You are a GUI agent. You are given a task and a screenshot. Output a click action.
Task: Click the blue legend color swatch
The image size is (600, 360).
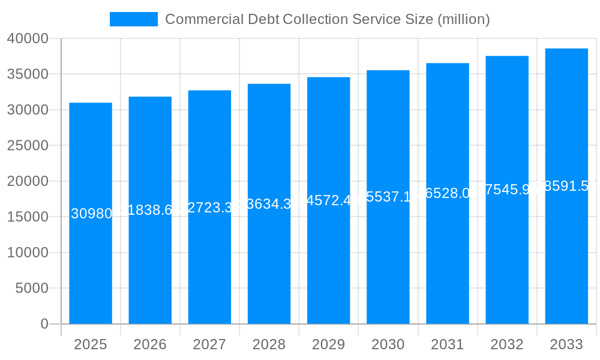pyautogui.click(x=134, y=19)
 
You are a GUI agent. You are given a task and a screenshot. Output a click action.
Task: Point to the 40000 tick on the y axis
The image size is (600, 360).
pyautogui.click(x=28, y=38)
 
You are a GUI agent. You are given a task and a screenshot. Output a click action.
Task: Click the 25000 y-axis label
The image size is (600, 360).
pyautogui.click(x=28, y=146)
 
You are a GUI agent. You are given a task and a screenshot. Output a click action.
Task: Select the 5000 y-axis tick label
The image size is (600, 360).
pyautogui.click(x=32, y=289)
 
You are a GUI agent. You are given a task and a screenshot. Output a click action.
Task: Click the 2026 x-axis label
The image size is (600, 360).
pyautogui.click(x=150, y=344)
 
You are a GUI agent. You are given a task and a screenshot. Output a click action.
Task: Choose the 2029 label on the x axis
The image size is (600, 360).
pyautogui.click(x=328, y=344)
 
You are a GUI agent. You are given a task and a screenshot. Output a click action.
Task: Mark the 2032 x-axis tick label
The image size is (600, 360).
pyautogui.click(x=507, y=344)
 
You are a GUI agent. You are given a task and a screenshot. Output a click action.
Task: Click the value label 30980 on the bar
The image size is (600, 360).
pyautogui.click(x=91, y=214)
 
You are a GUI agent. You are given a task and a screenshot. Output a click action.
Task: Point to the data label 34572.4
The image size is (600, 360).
pyautogui.click(x=329, y=200)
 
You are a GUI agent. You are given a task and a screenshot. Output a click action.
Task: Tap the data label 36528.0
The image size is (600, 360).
pyautogui.click(x=448, y=193)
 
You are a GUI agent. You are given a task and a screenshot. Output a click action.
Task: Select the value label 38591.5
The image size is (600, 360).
pyautogui.click(x=566, y=186)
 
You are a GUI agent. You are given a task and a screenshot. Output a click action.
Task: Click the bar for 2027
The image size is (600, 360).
pyautogui.click(x=209, y=264)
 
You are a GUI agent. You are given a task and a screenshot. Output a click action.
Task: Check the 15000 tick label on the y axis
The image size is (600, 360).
pyautogui.click(x=28, y=217)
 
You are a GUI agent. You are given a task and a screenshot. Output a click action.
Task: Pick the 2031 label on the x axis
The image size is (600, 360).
pyautogui.click(x=448, y=344)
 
